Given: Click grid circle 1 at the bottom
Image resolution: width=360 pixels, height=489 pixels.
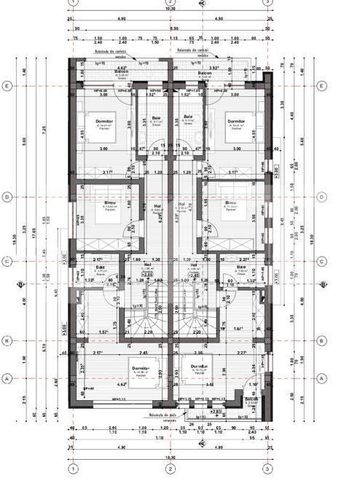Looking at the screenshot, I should point(73,468).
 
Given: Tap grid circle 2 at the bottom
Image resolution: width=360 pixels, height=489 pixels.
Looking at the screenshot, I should point(170,468).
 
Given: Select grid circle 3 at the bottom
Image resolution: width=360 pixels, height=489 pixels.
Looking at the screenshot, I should point(267,468).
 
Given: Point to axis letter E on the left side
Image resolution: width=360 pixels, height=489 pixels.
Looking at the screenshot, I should point(7,86).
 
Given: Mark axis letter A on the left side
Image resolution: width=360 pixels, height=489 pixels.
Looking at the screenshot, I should point(7,378).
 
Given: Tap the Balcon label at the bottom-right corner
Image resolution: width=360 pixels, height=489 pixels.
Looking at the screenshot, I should point(251,399).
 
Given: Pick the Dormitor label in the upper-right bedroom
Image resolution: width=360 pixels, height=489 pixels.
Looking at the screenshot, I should point(235,121).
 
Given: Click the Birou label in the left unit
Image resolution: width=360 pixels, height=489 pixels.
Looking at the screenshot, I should point(109,203).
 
